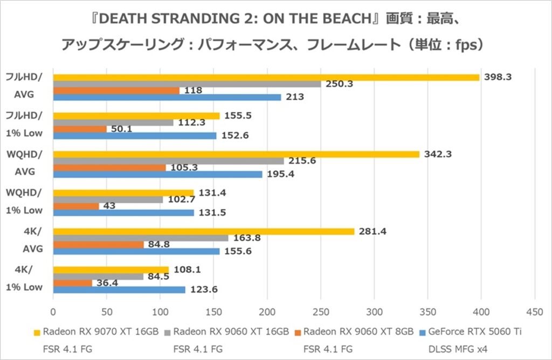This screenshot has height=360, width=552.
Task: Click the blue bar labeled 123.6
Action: pos(119,290)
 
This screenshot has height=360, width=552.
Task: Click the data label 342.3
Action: pos(438,154)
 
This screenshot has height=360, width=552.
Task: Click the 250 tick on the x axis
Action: pos(320,312)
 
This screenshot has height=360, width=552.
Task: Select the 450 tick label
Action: pos(534,312)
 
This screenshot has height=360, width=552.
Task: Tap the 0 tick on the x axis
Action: pos(53,312)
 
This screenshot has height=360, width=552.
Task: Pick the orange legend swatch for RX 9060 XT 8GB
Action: pos(298,331)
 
